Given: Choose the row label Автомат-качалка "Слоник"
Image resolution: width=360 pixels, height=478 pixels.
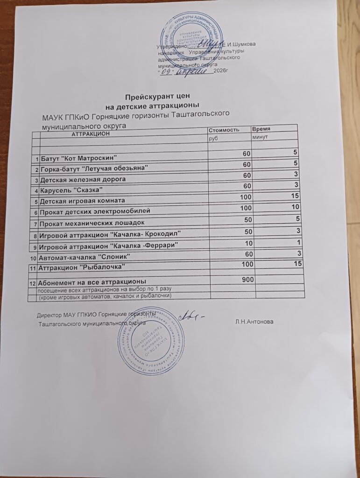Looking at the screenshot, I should point(85,257).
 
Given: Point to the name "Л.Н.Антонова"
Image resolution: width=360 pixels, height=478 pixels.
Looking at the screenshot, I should point(254,322).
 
